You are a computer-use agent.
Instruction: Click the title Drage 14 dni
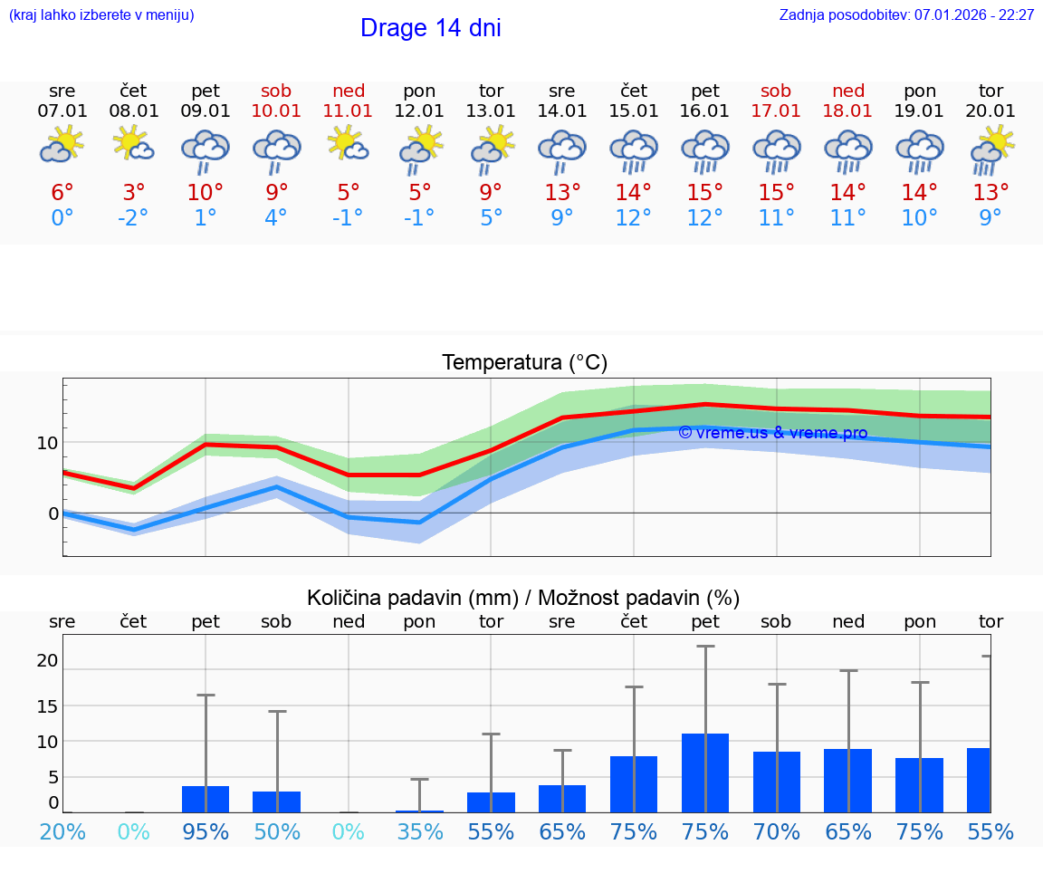tap(430, 28)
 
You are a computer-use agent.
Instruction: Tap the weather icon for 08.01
tap(133, 145)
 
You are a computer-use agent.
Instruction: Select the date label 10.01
tap(276, 111)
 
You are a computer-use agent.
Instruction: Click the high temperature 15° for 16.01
tap(704, 193)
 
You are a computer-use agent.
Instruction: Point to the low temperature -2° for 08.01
tap(133, 217)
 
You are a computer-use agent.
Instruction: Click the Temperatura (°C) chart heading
tap(524, 363)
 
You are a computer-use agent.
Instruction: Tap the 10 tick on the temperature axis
tap(47, 443)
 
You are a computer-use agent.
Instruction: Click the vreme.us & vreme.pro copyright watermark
tap(772, 433)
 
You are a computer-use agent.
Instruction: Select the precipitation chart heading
tap(523, 598)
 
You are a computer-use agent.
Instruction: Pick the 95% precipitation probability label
tap(206, 831)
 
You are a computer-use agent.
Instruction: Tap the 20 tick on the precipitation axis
tap(47, 661)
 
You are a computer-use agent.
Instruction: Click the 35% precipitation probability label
tap(419, 831)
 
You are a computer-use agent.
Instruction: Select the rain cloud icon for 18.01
tap(847, 151)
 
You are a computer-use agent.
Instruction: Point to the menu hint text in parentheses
tap(101, 15)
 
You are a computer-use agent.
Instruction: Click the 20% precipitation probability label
tap(62, 831)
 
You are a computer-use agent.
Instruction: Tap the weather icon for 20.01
tap(990, 149)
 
